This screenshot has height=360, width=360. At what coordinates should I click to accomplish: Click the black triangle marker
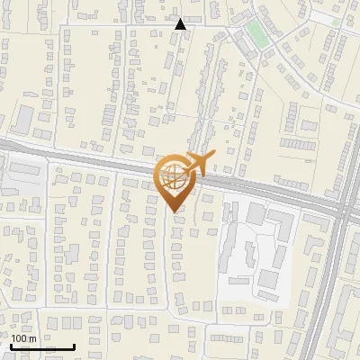click(181, 24)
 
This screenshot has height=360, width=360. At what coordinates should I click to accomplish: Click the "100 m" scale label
click(23, 338)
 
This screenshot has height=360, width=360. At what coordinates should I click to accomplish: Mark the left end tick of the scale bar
click(11, 346)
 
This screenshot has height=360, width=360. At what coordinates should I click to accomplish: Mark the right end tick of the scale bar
click(74, 346)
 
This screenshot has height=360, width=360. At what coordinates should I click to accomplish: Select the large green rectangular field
click(256, 34)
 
